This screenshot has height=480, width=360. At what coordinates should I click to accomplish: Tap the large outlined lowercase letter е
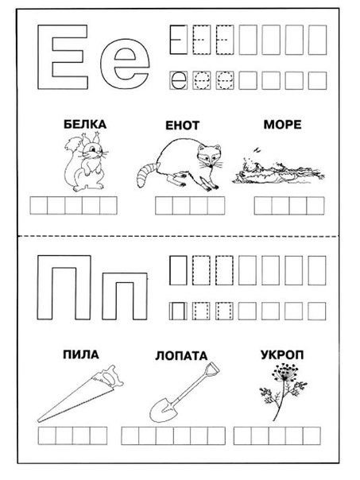(x=129, y=70)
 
